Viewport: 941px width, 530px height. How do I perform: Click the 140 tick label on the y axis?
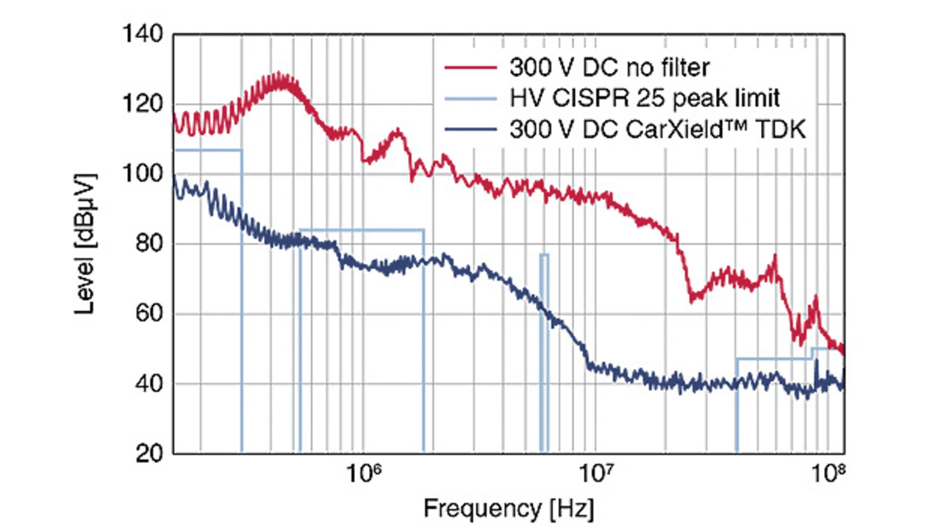(x=146, y=35)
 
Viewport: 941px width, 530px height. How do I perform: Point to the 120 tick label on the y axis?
(x=146, y=104)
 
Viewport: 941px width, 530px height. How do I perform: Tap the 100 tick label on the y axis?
(x=146, y=174)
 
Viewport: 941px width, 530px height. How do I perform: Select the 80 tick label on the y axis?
(x=151, y=244)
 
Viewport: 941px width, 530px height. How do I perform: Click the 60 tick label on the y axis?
(x=151, y=314)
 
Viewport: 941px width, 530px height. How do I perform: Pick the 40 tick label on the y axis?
(x=151, y=384)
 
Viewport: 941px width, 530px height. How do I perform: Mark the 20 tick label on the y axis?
(x=151, y=454)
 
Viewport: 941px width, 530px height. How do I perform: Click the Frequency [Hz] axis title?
(x=509, y=508)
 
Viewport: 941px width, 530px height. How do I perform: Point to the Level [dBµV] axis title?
(x=87, y=244)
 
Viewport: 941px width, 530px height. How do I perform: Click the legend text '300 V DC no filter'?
(x=609, y=68)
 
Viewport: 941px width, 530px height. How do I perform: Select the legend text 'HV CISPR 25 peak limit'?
(x=634, y=99)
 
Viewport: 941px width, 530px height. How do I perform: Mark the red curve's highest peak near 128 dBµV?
(x=279, y=75)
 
